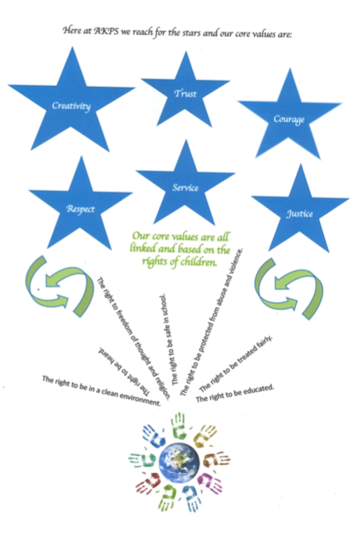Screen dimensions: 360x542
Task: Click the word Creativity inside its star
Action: pos(71,105)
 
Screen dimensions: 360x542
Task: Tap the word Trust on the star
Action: pos(186,94)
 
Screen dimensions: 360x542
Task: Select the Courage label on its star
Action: pos(289,120)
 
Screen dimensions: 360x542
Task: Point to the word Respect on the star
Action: pos(80,209)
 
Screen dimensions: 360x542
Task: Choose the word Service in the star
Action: pos(186,188)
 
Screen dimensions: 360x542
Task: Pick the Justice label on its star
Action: pos(300,214)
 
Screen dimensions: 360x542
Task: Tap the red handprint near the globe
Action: pos(148,483)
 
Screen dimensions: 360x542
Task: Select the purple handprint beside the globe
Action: pos(210,482)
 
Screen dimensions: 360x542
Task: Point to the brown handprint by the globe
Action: pos(216,459)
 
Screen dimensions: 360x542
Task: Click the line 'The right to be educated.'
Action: pos(235,394)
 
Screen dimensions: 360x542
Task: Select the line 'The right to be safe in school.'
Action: pos(169,339)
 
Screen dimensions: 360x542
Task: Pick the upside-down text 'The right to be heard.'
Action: pos(125,370)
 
